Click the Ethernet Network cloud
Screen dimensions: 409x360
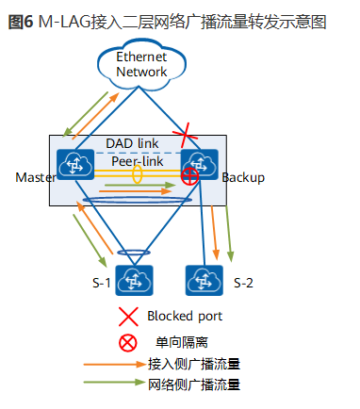coord(141,65)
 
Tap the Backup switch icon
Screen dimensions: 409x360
coord(202,163)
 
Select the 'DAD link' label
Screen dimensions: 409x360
coord(131,141)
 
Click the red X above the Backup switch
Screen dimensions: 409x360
coord(192,133)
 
